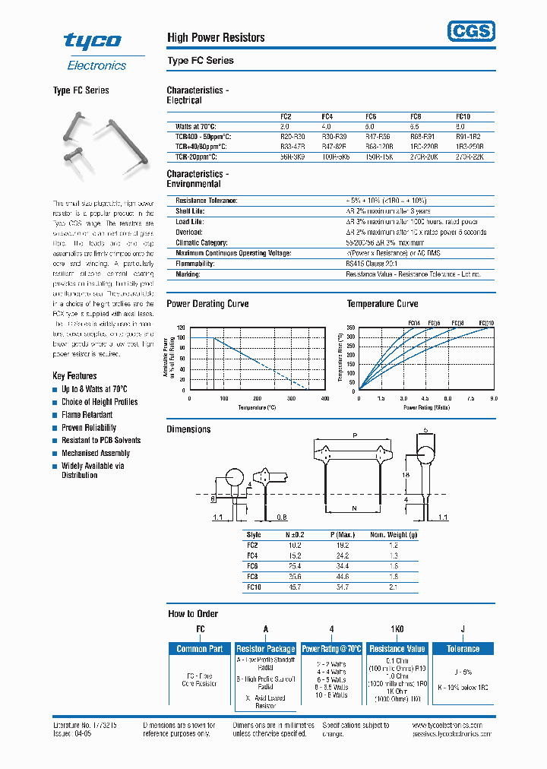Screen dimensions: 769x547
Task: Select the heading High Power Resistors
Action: (x=216, y=37)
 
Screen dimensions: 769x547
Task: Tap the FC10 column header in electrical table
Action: (x=463, y=116)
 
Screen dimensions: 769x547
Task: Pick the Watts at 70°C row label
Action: (x=196, y=126)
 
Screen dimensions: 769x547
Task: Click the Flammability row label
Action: (x=195, y=264)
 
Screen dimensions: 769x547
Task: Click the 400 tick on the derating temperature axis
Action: (x=325, y=398)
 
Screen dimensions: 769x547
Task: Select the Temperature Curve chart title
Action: (x=382, y=304)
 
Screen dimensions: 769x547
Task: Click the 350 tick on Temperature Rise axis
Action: (x=350, y=328)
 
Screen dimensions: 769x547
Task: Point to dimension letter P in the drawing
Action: (x=354, y=435)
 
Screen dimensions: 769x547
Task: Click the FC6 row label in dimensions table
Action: (x=253, y=567)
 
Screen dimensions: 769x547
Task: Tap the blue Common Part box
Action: (x=199, y=649)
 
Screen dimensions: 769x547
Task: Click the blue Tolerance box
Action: (x=463, y=649)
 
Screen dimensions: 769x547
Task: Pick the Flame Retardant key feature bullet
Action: (x=87, y=415)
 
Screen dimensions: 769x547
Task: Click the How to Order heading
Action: (x=193, y=613)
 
